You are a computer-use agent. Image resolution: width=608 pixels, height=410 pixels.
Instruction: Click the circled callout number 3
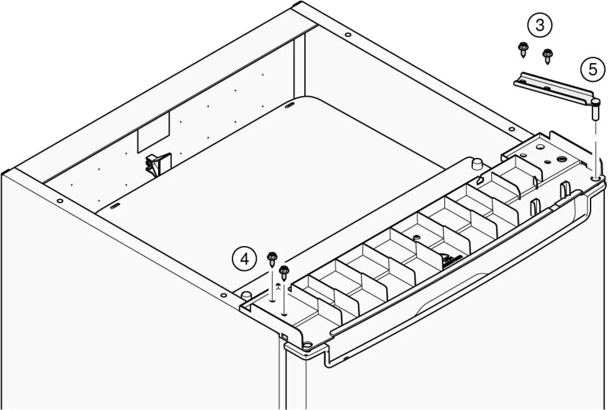point(539,25)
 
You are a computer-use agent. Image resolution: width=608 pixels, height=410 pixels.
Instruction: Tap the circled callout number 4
point(244,259)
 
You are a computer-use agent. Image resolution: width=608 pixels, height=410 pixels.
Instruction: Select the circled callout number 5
point(593,69)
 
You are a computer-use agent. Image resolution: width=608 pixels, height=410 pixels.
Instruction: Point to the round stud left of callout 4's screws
point(246,296)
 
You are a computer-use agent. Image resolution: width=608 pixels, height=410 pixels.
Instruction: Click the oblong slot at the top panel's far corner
point(289,105)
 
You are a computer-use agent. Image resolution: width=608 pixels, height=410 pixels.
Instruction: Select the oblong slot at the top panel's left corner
point(116,207)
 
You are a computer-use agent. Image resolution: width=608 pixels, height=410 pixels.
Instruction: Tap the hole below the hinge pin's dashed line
point(595,177)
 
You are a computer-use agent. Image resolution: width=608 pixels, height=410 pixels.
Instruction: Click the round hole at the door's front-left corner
point(308,345)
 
